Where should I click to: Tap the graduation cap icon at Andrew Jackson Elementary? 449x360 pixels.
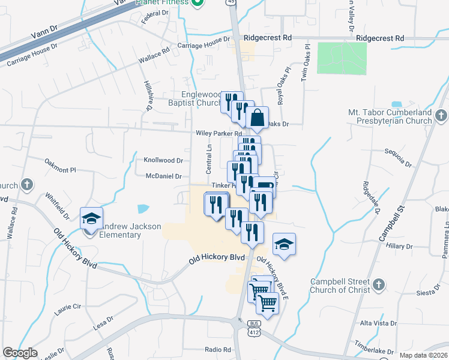(x=91, y=218)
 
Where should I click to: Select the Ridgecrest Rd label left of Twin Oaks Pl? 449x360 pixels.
(x=267, y=37)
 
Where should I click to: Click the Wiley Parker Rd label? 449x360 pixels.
(x=218, y=133)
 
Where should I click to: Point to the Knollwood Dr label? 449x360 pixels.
(x=163, y=161)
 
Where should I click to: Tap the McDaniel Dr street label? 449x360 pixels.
(x=163, y=176)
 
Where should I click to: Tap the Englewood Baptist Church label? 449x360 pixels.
(x=202, y=98)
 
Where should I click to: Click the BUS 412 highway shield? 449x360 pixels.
(x=254, y=328)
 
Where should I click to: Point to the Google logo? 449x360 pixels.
(x=20, y=353)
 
